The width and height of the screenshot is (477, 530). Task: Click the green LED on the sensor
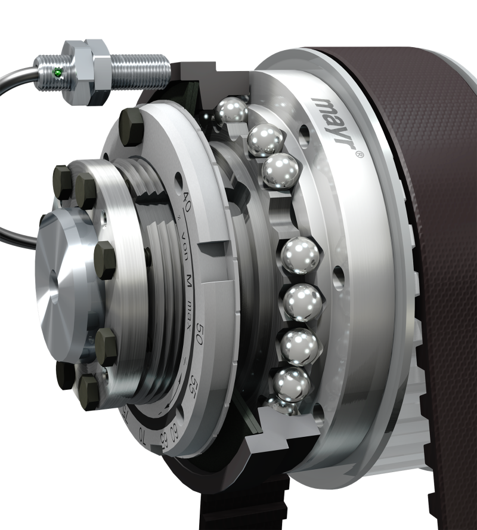coord(57,73)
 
